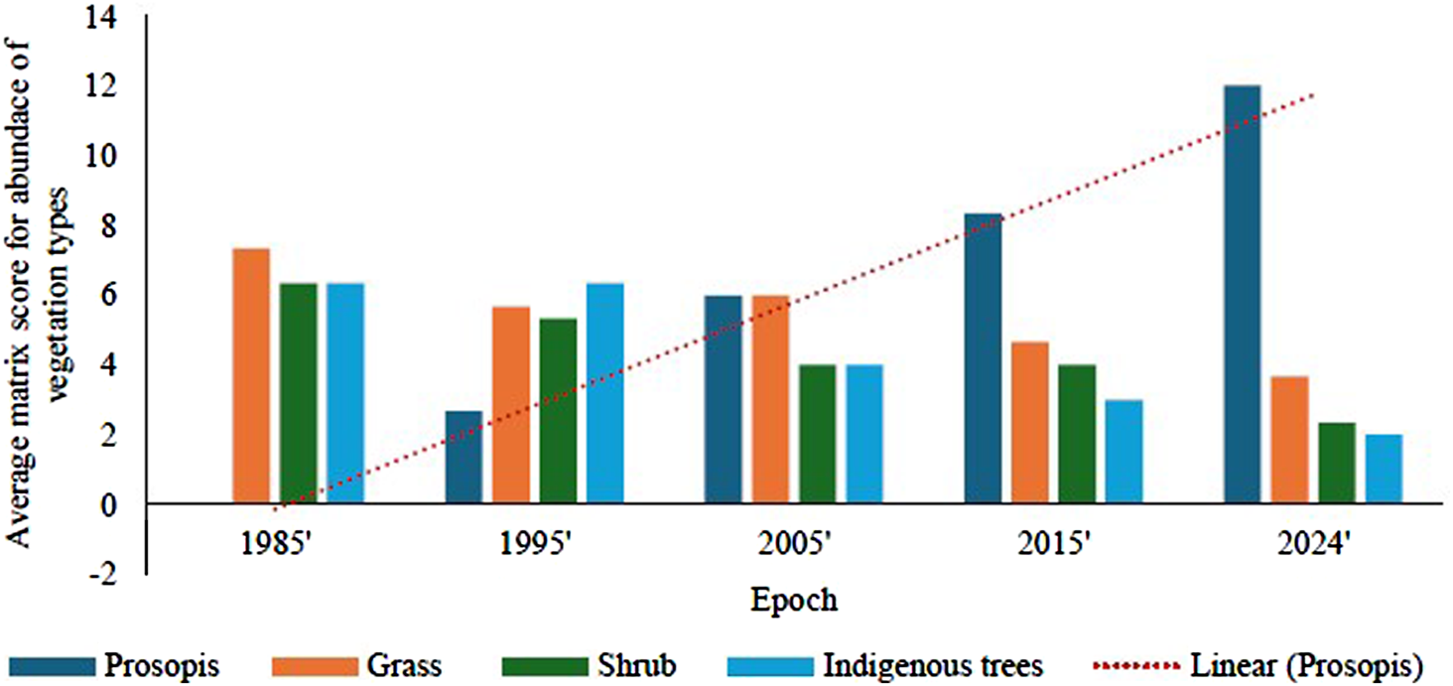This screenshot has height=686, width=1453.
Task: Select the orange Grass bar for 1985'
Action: point(251,376)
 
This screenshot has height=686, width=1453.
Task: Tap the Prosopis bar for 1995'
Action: point(463,458)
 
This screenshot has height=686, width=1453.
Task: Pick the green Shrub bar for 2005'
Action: point(818,435)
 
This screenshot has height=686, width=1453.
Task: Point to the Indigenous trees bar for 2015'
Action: point(1124,452)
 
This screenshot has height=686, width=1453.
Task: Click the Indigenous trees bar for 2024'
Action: point(1384,470)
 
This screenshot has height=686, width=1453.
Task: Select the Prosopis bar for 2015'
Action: point(983,358)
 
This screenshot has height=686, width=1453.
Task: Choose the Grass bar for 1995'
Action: point(511,406)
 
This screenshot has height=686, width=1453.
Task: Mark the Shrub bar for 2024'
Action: point(1336,464)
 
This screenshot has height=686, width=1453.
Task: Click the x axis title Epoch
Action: point(793,601)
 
